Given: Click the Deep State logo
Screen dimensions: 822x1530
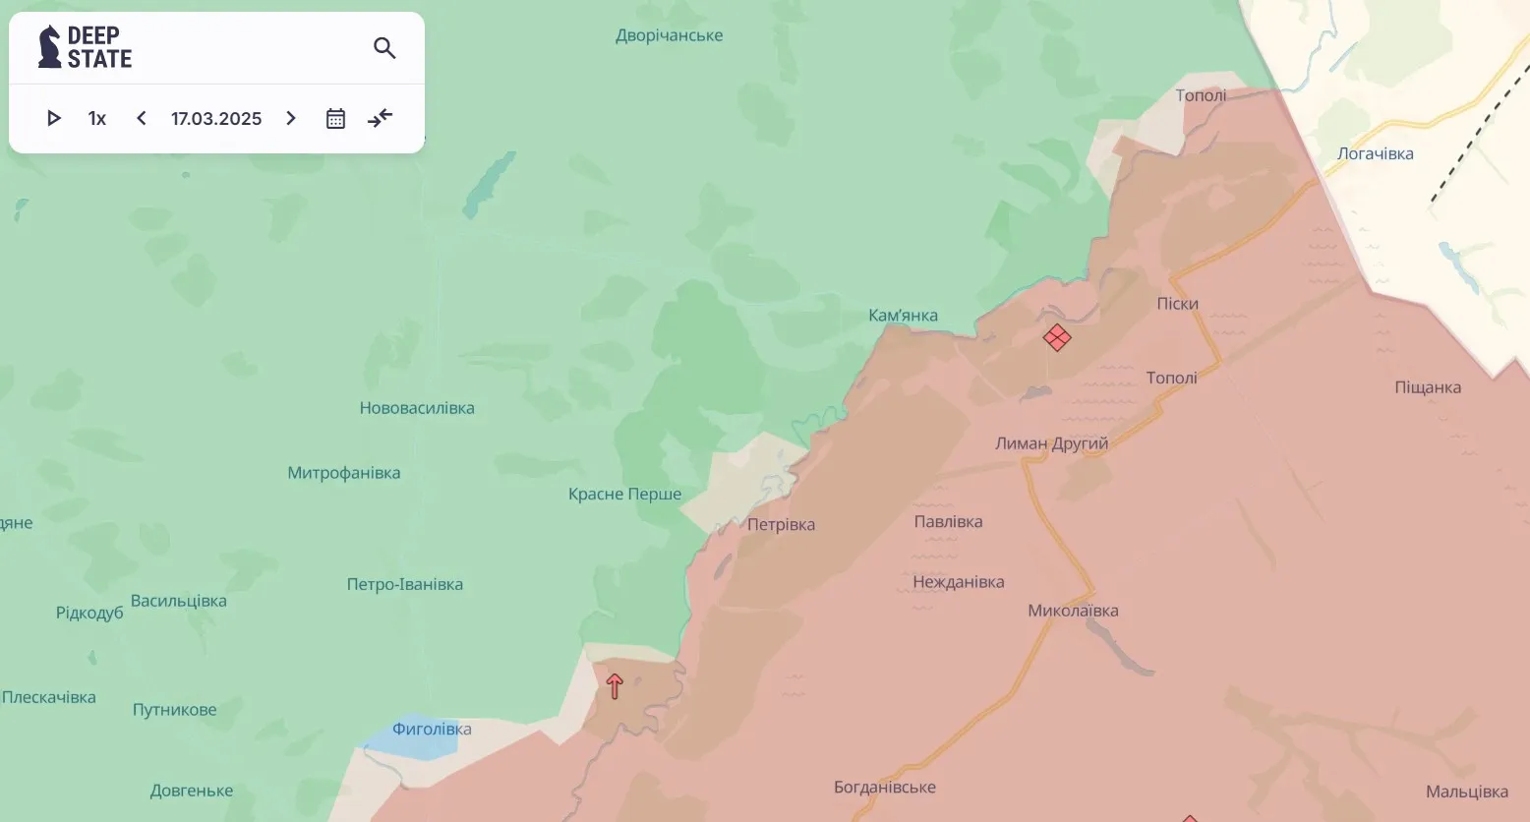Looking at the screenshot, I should coord(85,47).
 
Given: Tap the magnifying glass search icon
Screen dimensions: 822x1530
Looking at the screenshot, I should coord(384,48).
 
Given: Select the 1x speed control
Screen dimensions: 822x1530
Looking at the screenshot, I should coord(96,119).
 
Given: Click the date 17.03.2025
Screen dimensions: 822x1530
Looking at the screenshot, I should coord(216,119).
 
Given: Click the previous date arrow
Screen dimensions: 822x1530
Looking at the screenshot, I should coord(142,119).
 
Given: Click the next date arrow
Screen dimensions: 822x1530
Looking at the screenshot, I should coord(291,119).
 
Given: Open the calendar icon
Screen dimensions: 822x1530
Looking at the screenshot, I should coord(335,119).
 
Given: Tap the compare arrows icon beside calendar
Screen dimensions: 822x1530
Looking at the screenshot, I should coord(380,119).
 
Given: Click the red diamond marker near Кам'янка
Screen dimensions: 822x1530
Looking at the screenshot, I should coord(1057,338).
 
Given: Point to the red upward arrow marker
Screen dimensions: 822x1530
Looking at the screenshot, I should coord(615,686).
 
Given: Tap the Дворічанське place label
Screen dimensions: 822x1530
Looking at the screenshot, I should coord(669,35).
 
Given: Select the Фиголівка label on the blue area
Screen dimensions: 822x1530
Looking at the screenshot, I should coord(432,730).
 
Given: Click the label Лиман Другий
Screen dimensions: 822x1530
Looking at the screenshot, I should coord(1051,443).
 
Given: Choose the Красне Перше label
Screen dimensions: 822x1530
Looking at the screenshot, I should coord(624,494).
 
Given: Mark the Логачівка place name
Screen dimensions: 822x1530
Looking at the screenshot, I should coord(1375,153).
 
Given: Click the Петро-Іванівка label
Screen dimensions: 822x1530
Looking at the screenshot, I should coord(404,584).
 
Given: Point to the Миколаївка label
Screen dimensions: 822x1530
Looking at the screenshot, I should coord(1073,611).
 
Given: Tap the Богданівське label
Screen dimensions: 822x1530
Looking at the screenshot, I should coord(884,788).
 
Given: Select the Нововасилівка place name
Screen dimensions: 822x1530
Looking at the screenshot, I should coord(417,408).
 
